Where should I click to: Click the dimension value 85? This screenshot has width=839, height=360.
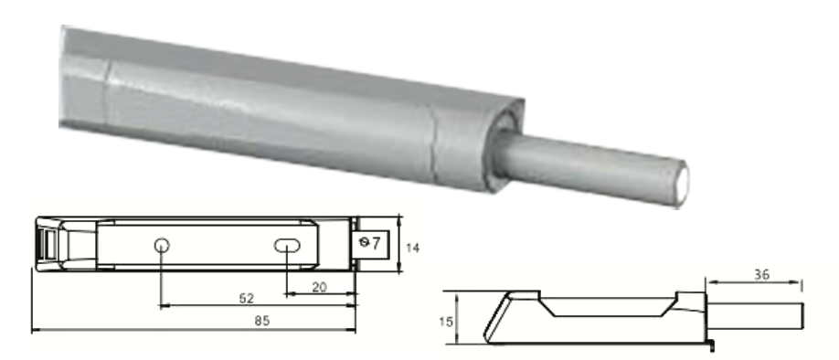click(261, 321)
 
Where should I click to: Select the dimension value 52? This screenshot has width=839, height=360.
click(246, 298)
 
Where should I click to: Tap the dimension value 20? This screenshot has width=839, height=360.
click(319, 287)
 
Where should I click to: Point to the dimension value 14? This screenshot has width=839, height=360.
click(412, 248)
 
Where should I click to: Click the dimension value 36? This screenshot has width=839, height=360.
click(761, 274)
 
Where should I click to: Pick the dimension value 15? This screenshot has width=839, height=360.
click(445, 322)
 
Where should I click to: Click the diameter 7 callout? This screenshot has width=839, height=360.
click(370, 243)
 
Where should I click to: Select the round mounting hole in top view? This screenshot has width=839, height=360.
click(162, 246)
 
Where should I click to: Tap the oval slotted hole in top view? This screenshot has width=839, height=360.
click(287, 246)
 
